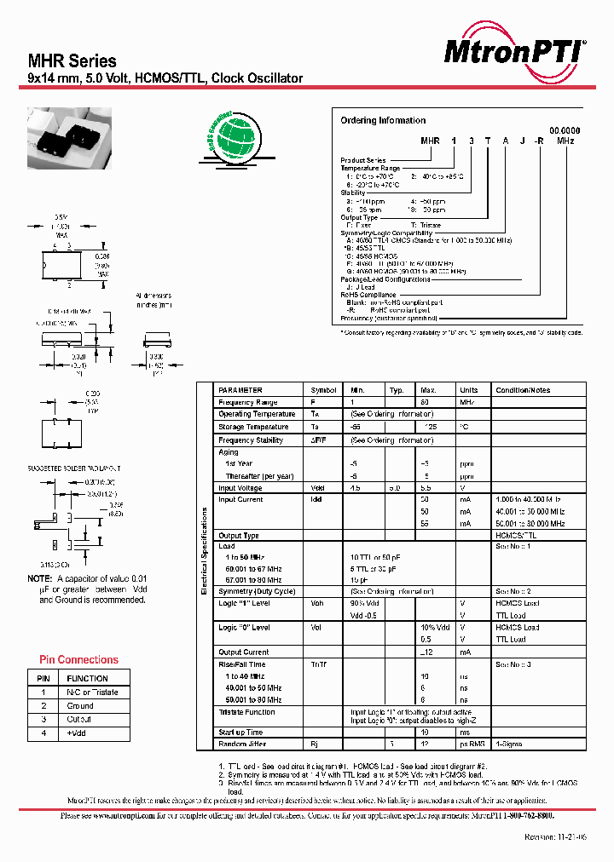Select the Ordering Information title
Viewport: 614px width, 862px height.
coord(383,121)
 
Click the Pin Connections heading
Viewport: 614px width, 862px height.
coord(78,659)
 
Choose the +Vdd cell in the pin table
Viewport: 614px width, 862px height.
coord(78,733)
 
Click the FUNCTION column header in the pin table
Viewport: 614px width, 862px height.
coord(87,679)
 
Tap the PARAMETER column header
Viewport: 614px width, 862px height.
coord(240,389)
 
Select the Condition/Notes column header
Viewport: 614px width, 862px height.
coord(523,389)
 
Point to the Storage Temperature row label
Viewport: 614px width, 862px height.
coord(253,427)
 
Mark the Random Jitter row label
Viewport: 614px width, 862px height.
coord(243,744)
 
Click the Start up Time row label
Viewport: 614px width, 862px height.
coord(240,733)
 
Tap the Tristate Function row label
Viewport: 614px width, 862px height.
coord(246,712)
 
